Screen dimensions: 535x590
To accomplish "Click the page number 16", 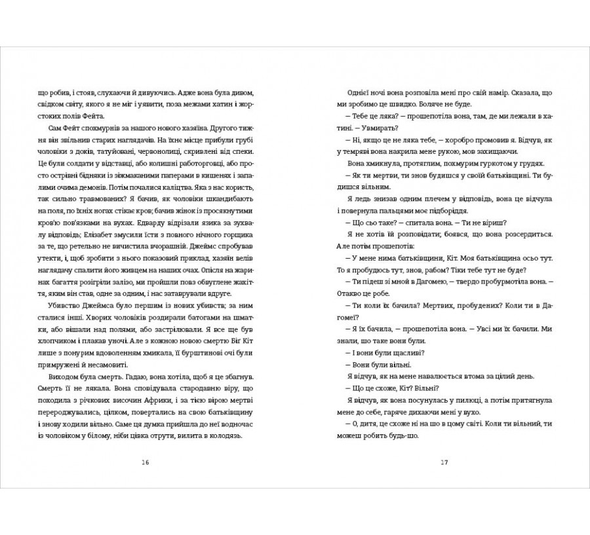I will point(146,462).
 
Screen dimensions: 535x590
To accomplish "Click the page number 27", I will point(444,462).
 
